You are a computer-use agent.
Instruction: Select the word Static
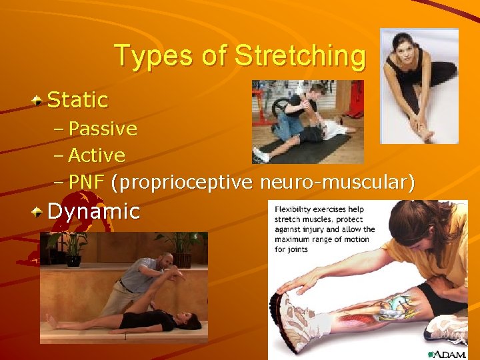click(78, 100)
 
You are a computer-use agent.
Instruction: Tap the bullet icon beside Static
click(39, 100)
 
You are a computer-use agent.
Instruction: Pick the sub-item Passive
click(103, 128)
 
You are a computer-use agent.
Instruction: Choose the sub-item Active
click(97, 155)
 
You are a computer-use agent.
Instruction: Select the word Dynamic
click(94, 211)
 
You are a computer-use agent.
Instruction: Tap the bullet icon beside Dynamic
click(39, 212)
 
